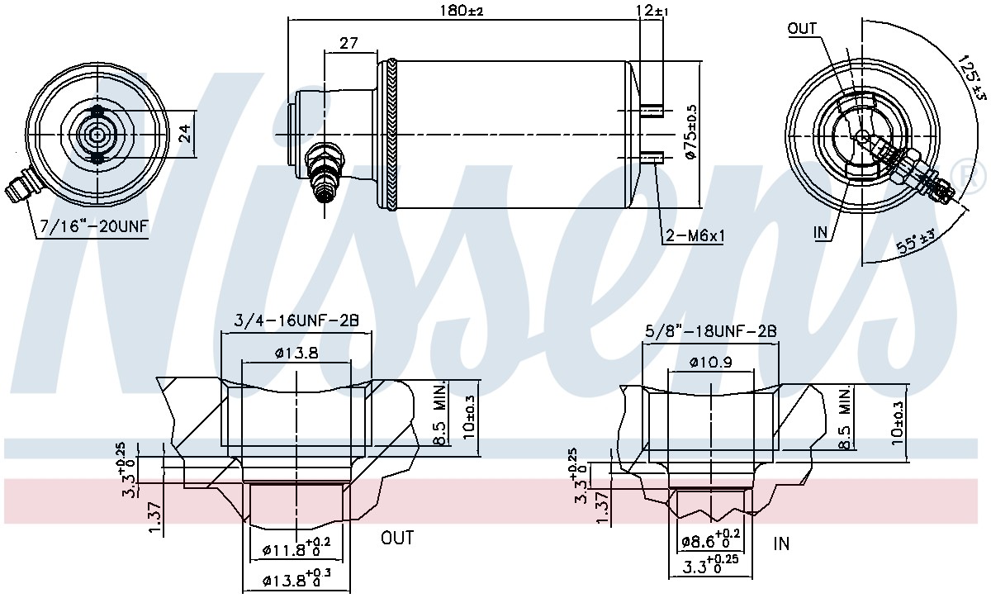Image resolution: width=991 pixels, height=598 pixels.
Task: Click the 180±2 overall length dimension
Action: pyautogui.click(x=462, y=10)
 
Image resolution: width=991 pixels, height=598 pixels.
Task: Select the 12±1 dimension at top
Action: pyautogui.click(x=652, y=11)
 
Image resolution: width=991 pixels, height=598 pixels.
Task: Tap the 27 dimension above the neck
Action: pyautogui.click(x=349, y=43)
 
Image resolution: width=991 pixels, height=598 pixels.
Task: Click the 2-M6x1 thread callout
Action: pyautogui.click(x=695, y=236)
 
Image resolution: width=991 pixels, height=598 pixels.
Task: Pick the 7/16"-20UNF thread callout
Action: pyautogui.click(x=94, y=226)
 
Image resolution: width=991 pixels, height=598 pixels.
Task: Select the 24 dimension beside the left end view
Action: pyautogui.click(x=185, y=134)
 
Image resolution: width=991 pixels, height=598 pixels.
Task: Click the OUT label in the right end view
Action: pyautogui.click(x=802, y=29)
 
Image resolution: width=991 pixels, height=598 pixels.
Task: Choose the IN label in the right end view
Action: pyautogui.click(x=821, y=232)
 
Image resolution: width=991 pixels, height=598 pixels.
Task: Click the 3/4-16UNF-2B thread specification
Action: pyautogui.click(x=296, y=320)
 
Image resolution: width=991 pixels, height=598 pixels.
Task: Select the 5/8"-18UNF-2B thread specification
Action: pyautogui.click(x=710, y=331)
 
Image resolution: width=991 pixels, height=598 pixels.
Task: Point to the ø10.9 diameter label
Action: pyautogui.click(x=710, y=363)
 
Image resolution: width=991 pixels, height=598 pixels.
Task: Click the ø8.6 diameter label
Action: pyautogui.click(x=710, y=539)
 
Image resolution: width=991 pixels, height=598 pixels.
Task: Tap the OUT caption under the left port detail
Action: pyautogui.click(x=398, y=538)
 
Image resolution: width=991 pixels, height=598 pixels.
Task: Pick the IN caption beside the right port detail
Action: pyautogui.click(x=781, y=543)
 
